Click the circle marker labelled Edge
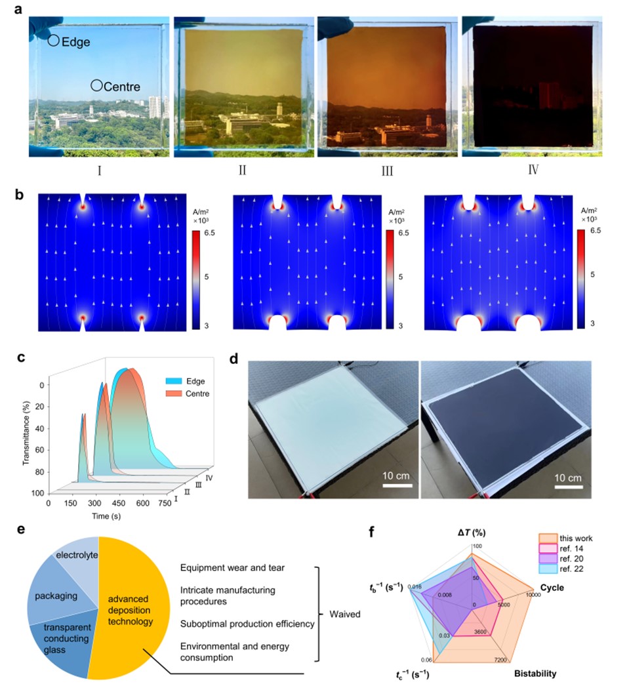click(x=53, y=41)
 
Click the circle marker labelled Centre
click(x=96, y=85)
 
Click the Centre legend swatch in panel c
click(x=173, y=395)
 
